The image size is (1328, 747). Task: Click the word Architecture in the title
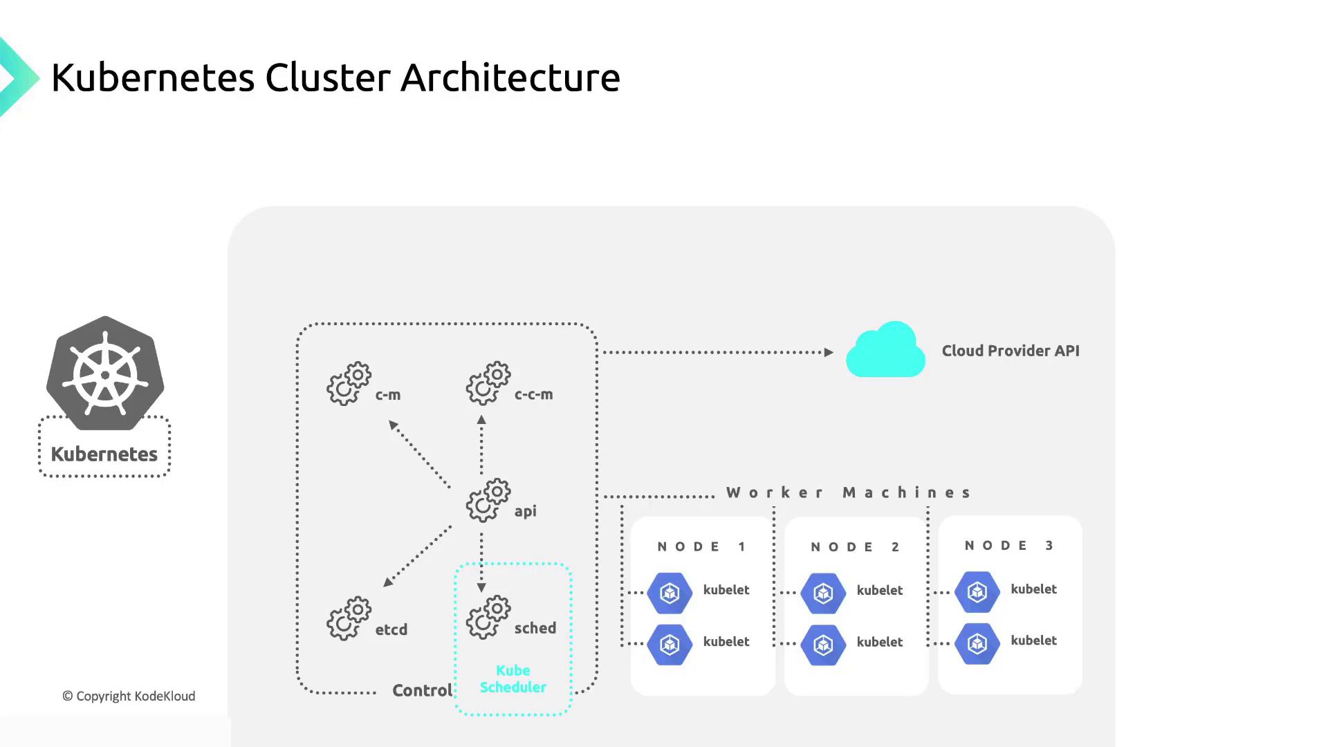(x=510, y=77)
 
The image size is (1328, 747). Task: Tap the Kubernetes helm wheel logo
(x=105, y=374)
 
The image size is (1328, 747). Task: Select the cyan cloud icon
(x=885, y=351)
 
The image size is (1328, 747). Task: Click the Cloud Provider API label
(x=1010, y=351)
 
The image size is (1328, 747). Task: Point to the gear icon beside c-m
(x=349, y=383)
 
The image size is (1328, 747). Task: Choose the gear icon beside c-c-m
(x=488, y=383)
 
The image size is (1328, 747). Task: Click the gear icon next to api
(x=488, y=500)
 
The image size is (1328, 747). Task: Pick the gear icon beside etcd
(x=349, y=618)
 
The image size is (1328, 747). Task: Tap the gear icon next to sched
(x=488, y=617)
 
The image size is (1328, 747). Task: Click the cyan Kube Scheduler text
(x=513, y=679)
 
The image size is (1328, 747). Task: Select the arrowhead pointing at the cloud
(x=829, y=352)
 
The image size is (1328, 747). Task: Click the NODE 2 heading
(x=855, y=547)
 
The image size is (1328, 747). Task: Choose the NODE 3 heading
(x=1008, y=546)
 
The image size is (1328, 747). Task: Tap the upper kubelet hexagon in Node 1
(x=670, y=593)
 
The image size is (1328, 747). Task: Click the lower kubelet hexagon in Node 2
(x=823, y=645)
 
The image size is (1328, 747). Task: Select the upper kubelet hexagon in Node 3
(x=977, y=591)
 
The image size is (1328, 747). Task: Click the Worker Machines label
(x=849, y=492)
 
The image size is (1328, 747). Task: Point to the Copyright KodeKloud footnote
(x=129, y=696)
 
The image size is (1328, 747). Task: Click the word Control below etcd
(x=422, y=690)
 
